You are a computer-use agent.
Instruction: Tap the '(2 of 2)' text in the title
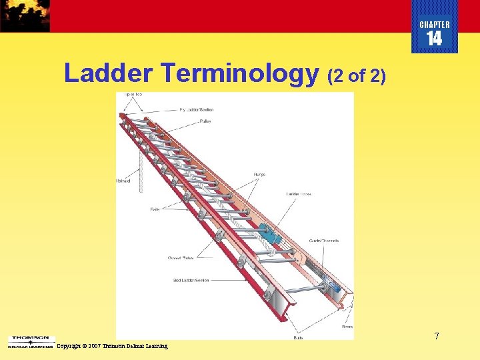[357, 75]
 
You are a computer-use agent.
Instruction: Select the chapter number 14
[434, 39]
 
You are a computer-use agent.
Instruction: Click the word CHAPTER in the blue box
[435, 25]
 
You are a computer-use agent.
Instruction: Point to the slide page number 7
[437, 336]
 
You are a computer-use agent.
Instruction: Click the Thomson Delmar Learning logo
[29, 341]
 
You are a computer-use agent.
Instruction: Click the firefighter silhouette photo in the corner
[25, 15]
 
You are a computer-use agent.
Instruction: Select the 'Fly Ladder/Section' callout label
[197, 109]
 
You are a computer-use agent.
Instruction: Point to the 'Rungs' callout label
[259, 175]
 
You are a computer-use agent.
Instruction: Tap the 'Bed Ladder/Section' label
[191, 280]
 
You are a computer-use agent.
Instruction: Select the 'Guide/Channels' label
[324, 241]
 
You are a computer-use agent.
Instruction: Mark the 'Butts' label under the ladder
[298, 338]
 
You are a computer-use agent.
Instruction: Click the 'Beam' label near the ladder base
[347, 327]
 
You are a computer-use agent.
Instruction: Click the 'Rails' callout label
[155, 209]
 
